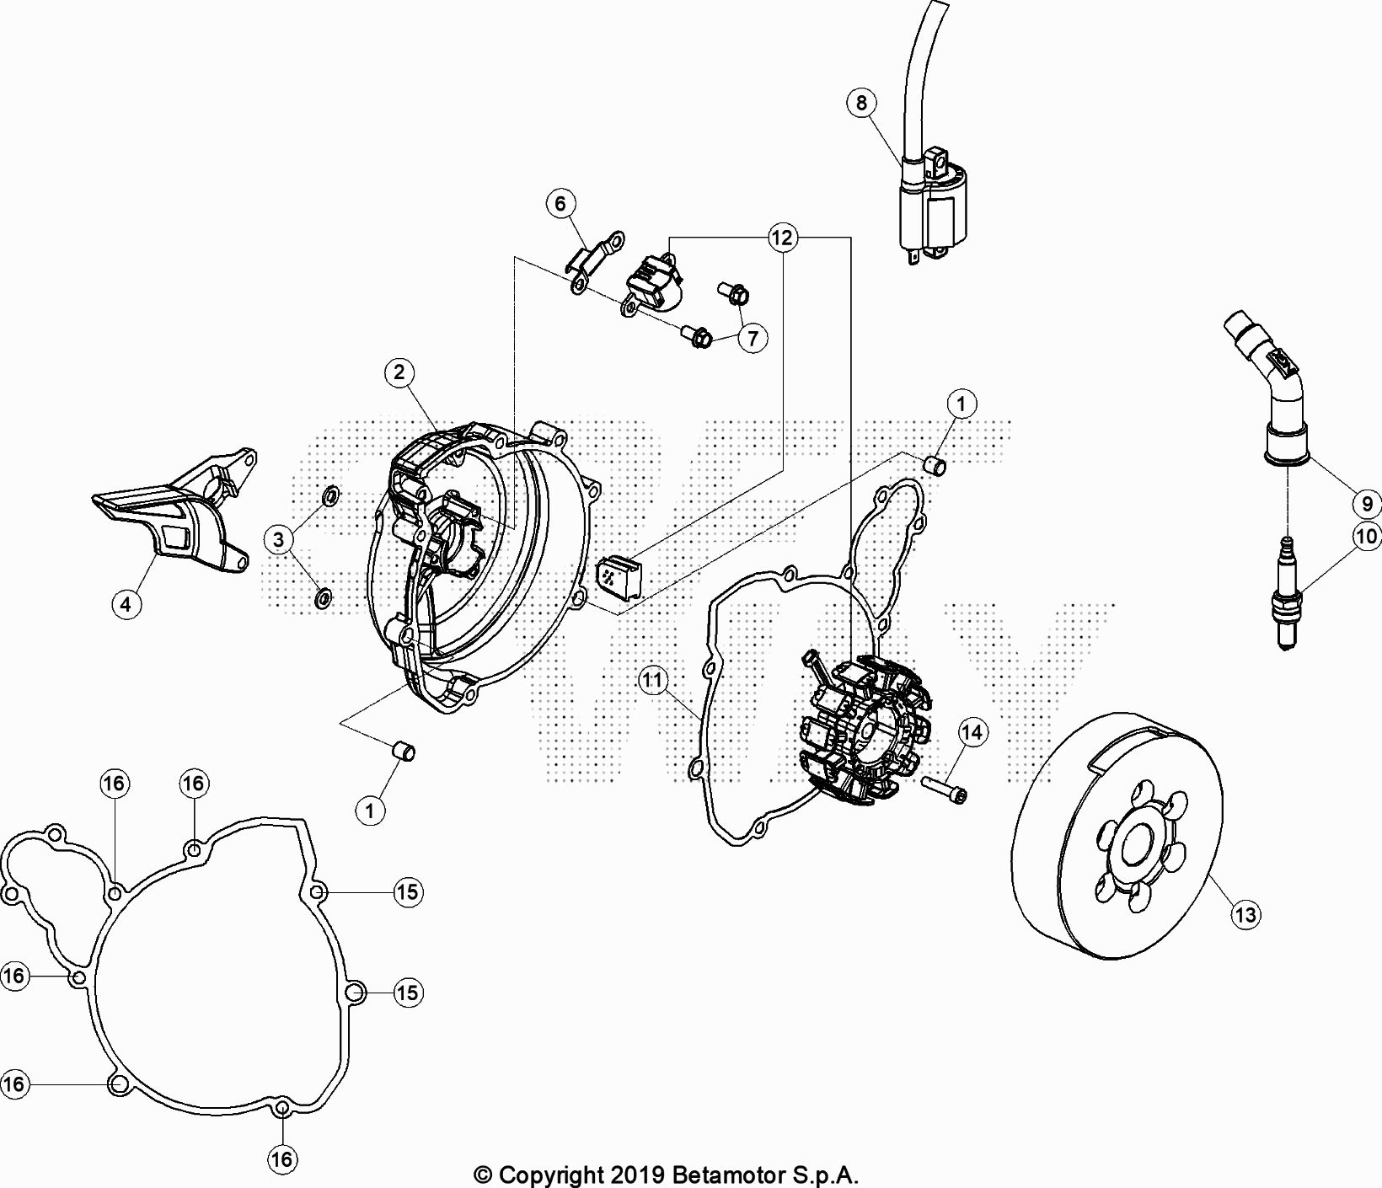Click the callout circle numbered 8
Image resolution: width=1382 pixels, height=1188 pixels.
click(x=861, y=103)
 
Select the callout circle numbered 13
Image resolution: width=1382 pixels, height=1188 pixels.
click(x=1245, y=914)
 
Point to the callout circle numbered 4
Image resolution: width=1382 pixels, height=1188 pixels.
click(x=126, y=603)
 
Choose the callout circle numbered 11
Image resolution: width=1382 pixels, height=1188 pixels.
click(x=653, y=679)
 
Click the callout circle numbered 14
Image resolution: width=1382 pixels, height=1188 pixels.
click(x=972, y=732)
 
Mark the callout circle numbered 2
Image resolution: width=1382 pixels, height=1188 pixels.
click(x=399, y=372)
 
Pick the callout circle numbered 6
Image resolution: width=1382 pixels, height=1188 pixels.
click(x=560, y=203)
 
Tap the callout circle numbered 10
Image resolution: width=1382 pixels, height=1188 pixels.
click(x=1367, y=535)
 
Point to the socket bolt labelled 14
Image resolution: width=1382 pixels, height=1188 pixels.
click(x=945, y=787)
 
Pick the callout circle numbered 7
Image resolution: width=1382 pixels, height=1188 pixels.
click(x=752, y=339)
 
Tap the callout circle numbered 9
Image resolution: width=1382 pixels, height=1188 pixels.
click(x=1367, y=504)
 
